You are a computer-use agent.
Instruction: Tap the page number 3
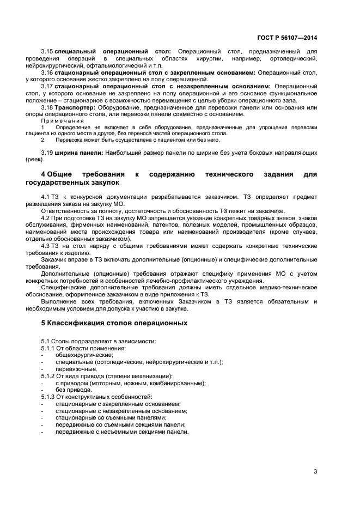pyautogui.click(x=315, y=472)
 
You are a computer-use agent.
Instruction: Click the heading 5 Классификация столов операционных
pyautogui.click(x=114, y=323)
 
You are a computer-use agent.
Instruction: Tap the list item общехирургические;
pyautogui.click(x=81, y=355)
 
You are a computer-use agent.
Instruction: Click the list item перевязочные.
pyautogui.click(x=76, y=369)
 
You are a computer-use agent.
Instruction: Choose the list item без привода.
pyautogui.click(x=74, y=390)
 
